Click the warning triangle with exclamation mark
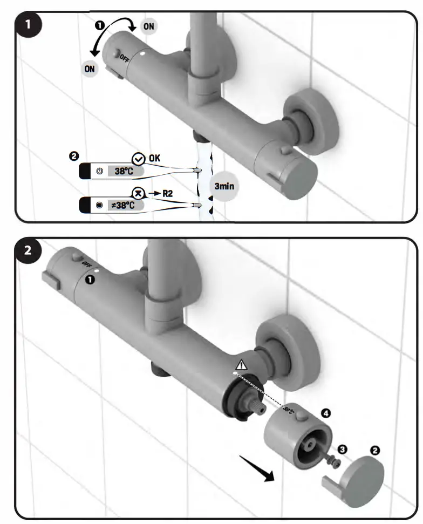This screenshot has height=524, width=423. pos(241,364)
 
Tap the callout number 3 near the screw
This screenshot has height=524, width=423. pos(341,449)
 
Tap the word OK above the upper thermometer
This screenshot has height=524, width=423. pos(154,158)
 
